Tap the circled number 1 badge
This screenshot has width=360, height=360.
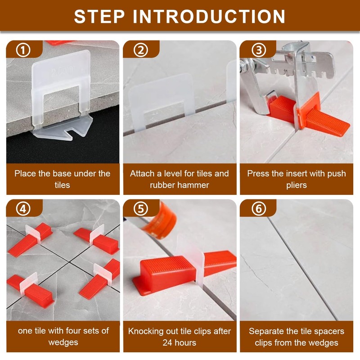23,50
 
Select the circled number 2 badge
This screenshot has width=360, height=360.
140,50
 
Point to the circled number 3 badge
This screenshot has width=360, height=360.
257,50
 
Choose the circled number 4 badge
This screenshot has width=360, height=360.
23,209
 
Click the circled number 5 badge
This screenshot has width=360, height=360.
140,209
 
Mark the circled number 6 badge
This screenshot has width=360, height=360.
257,209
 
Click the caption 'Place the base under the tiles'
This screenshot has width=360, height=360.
62,179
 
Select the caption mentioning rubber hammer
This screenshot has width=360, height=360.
180,179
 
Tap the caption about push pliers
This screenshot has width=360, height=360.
296,179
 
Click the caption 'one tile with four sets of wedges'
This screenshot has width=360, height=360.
63,337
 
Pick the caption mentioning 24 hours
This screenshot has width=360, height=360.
180,337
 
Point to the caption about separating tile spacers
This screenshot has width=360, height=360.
296,337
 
